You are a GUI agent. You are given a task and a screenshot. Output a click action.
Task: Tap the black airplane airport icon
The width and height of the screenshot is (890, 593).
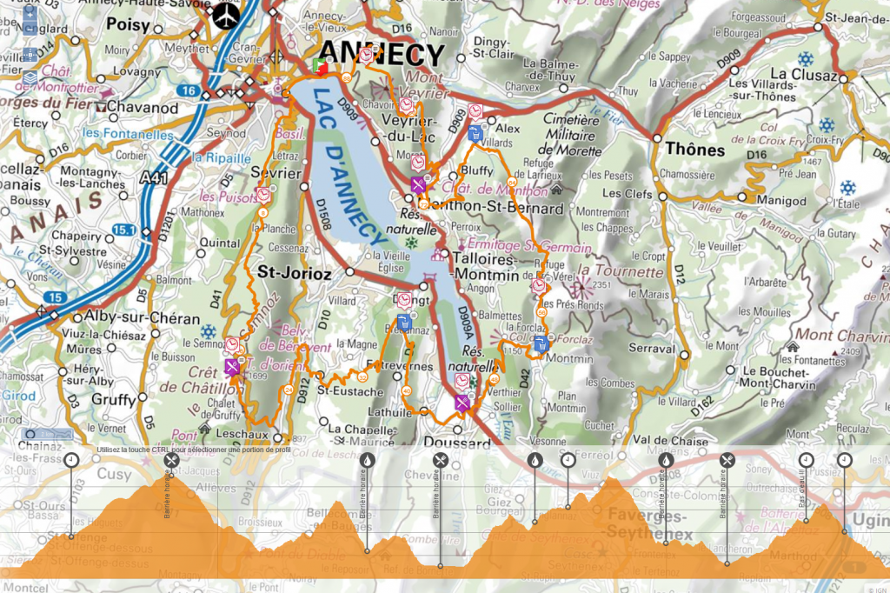[228, 15]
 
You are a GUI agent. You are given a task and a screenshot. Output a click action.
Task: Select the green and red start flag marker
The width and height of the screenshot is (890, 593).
[320, 67]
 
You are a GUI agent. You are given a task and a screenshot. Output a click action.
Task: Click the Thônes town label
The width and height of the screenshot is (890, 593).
[694, 150]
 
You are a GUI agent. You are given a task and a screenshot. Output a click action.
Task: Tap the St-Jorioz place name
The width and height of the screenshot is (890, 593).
[295, 272]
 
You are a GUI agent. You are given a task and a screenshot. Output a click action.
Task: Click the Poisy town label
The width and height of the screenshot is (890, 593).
[129, 25]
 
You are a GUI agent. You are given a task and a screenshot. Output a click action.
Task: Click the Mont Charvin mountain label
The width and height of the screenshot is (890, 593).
[839, 335]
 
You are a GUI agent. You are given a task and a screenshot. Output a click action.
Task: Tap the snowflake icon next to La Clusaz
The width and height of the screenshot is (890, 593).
[806, 59]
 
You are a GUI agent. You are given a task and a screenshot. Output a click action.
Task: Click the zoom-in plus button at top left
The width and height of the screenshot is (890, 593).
[30, 14]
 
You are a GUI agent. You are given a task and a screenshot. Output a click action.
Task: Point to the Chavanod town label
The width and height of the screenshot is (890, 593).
[143, 109]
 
